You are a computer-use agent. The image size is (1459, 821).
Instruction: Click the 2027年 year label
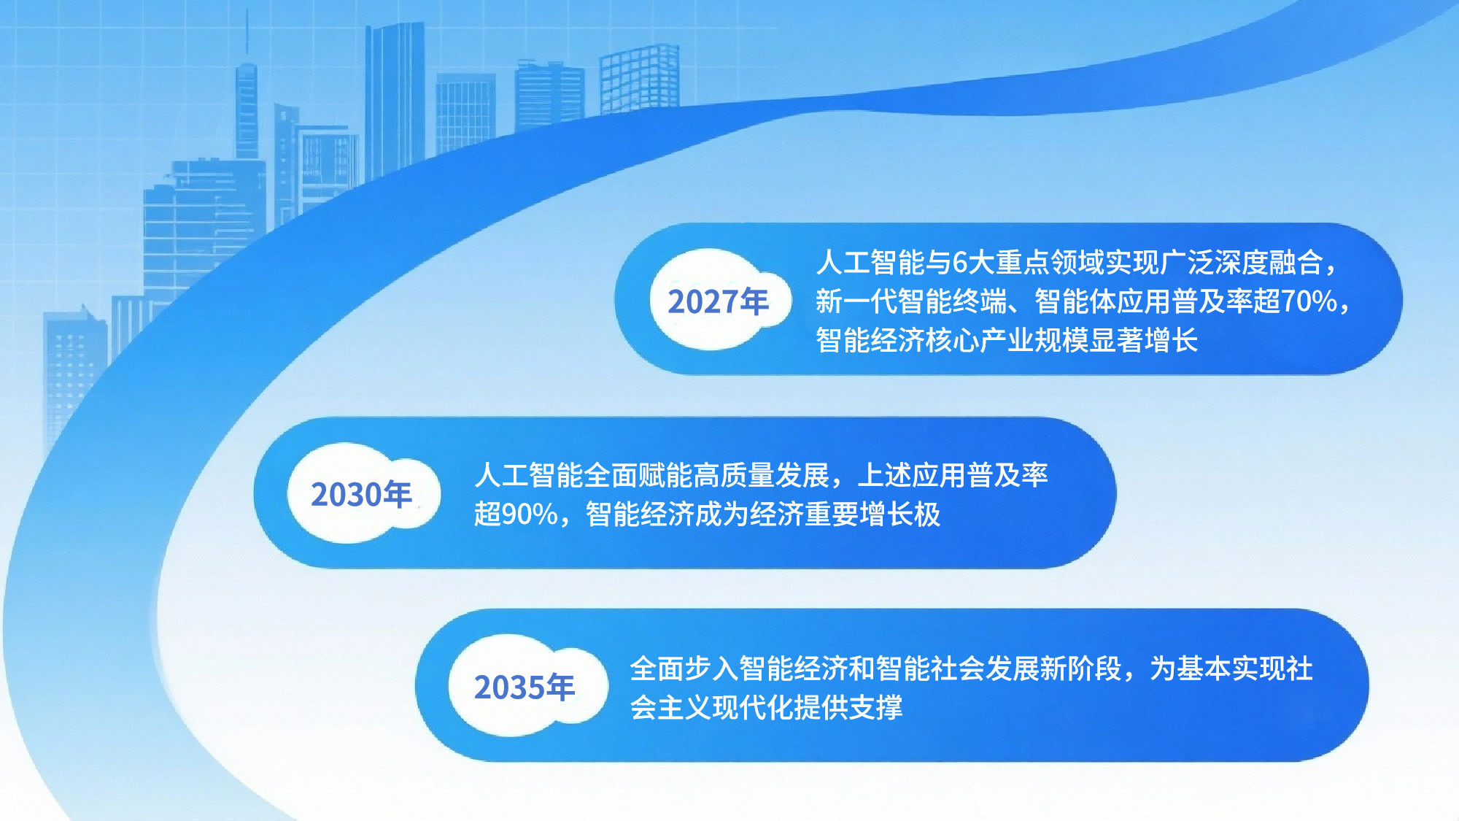pyautogui.click(x=718, y=301)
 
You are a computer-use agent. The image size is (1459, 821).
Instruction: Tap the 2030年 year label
pyautogui.click(x=361, y=495)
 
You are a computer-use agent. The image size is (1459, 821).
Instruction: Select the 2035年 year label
pyautogui.click(x=525, y=687)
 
